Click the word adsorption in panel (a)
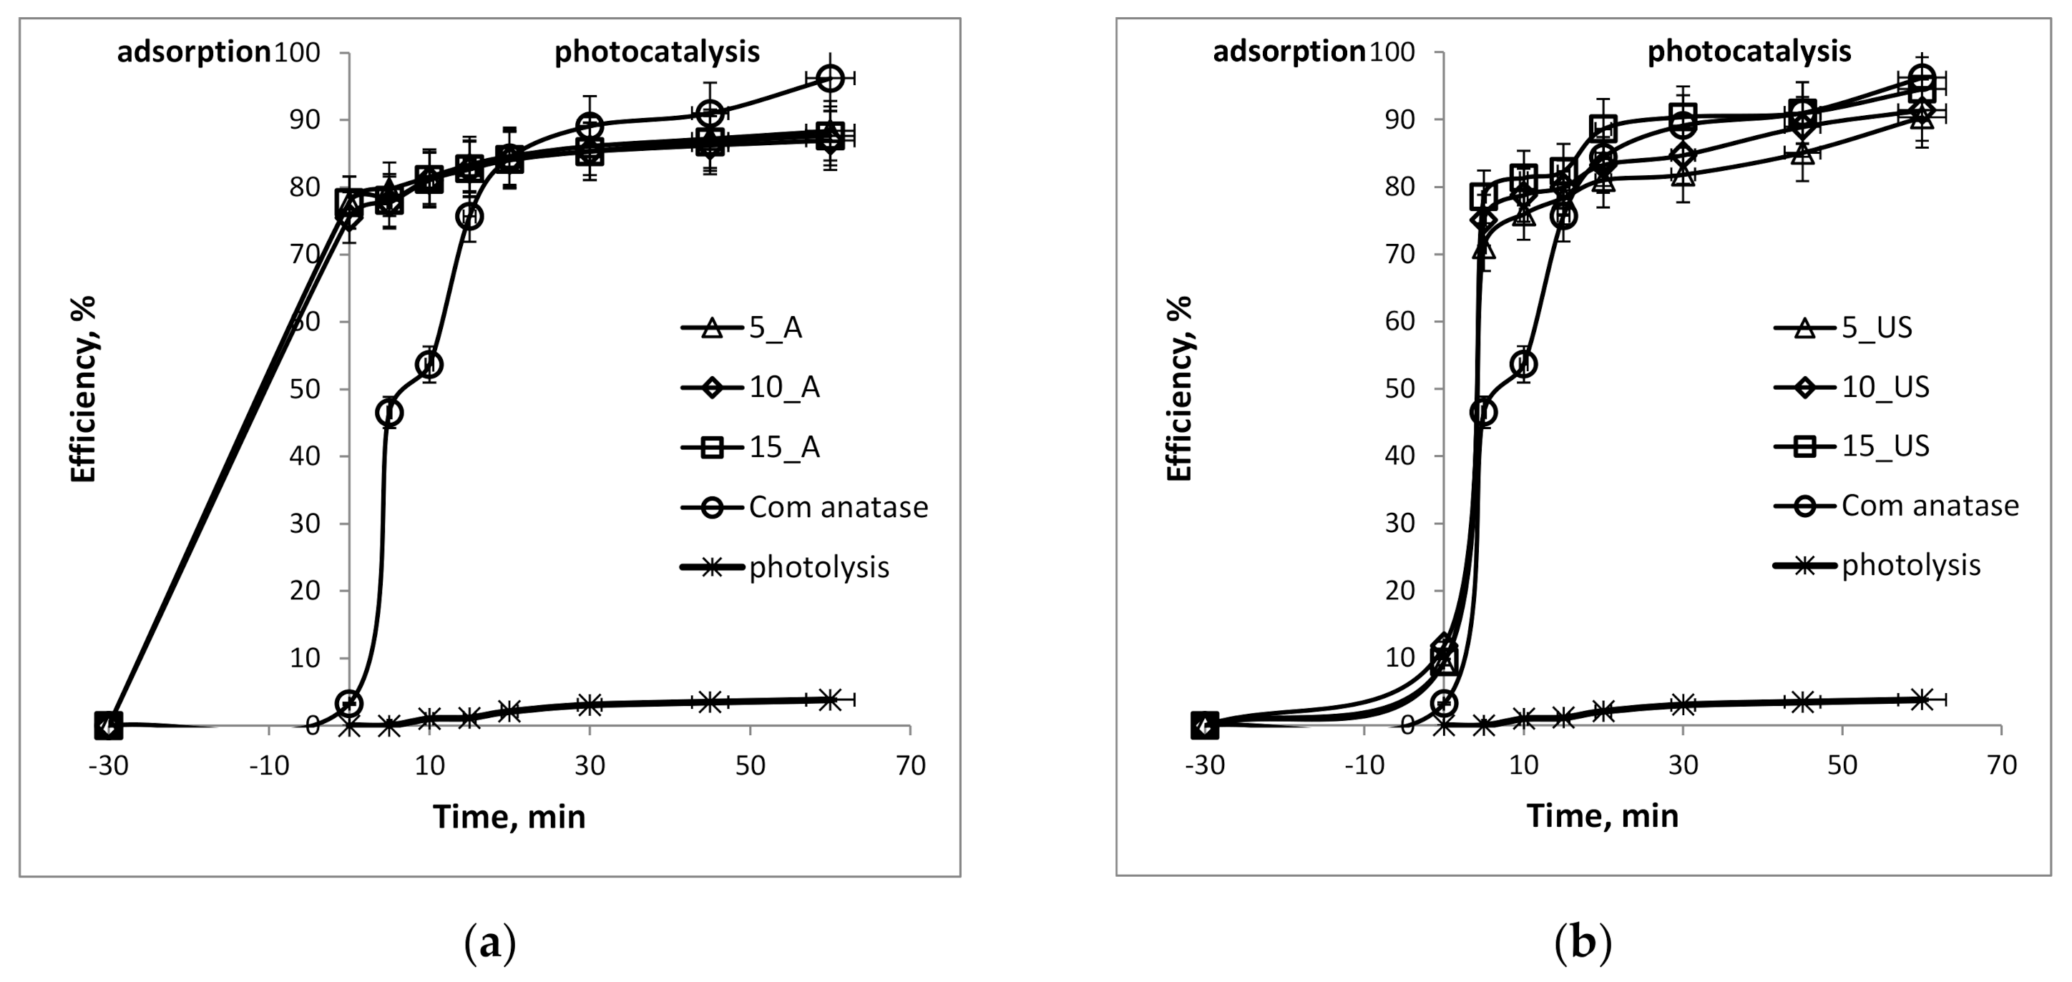(x=194, y=52)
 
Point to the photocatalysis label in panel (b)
(x=1749, y=51)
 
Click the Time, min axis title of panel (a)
(x=509, y=817)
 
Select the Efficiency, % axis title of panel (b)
(x=1179, y=388)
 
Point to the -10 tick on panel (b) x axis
(x=1364, y=765)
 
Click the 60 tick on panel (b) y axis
(x=1399, y=322)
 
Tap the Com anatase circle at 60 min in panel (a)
(x=829, y=78)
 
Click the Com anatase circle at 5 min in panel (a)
(x=389, y=413)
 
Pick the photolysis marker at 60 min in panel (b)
(x=1922, y=699)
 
